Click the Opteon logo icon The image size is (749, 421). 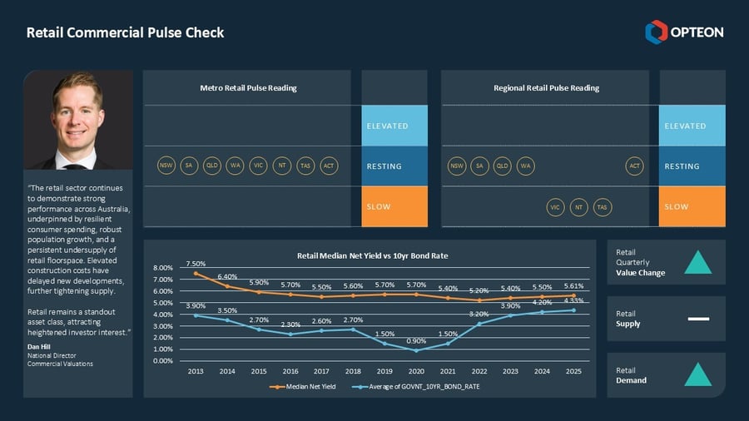tap(656, 32)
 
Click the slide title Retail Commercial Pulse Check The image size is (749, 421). tap(125, 33)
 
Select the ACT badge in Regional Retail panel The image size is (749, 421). tap(635, 166)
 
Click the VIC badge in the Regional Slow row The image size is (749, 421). tap(555, 206)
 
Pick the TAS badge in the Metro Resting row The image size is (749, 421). tap(305, 166)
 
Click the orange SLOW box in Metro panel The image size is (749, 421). tap(394, 206)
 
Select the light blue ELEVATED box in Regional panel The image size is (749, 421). tap(692, 126)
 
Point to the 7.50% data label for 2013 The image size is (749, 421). tap(196, 264)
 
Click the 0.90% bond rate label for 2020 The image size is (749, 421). tap(416, 341)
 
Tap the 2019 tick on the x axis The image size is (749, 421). tap(384, 371)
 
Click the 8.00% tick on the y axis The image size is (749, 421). tap(162, 268)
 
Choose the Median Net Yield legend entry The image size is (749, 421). tap(305, 387)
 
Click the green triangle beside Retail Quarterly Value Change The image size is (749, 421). tap(697, 262)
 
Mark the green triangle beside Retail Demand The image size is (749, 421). tap(697, 375)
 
